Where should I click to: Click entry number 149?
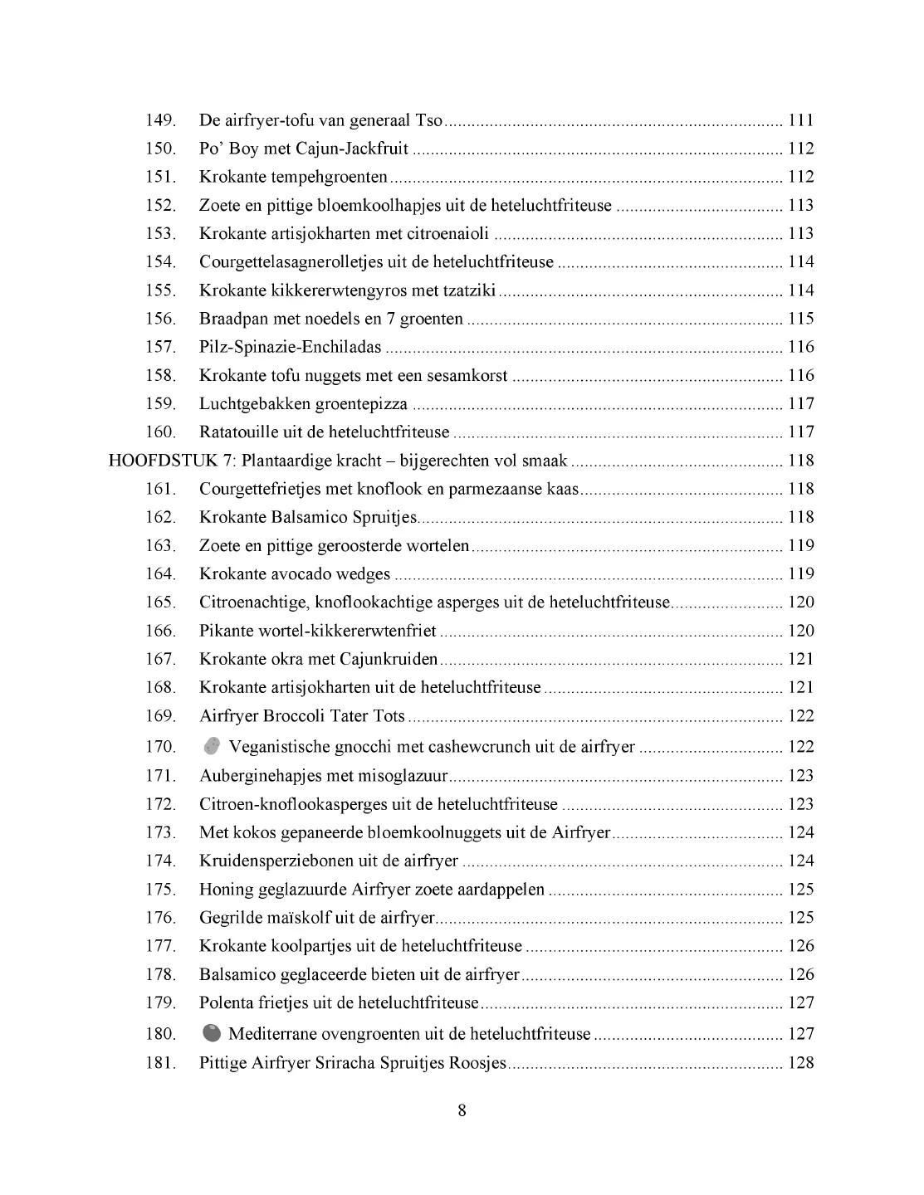[161, 120]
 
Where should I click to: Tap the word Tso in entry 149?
[428, 120]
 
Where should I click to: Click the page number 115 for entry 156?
[800, 319]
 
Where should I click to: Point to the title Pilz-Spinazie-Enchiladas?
[291, 347]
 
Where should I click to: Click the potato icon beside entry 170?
[212, 746]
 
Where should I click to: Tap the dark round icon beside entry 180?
[212, 1033]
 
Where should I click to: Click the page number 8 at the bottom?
[462, 1110]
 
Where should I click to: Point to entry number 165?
[161, 602]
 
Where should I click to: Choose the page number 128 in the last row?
[800, 1063]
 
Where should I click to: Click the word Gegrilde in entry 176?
[229, 918]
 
